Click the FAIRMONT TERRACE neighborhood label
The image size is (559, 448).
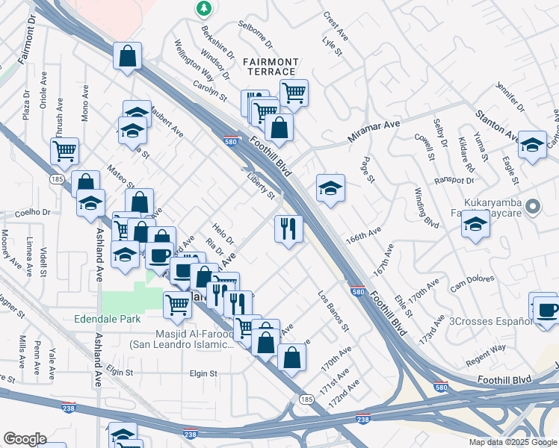[x=270, y=66]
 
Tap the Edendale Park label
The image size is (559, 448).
[x=108, y=319]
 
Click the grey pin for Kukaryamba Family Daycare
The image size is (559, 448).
[x=533, y=206]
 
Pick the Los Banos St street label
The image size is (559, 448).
[x=333, y=311]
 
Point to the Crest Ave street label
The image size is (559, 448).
[x=336, y=25]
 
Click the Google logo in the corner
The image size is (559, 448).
[x=25, y=439]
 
